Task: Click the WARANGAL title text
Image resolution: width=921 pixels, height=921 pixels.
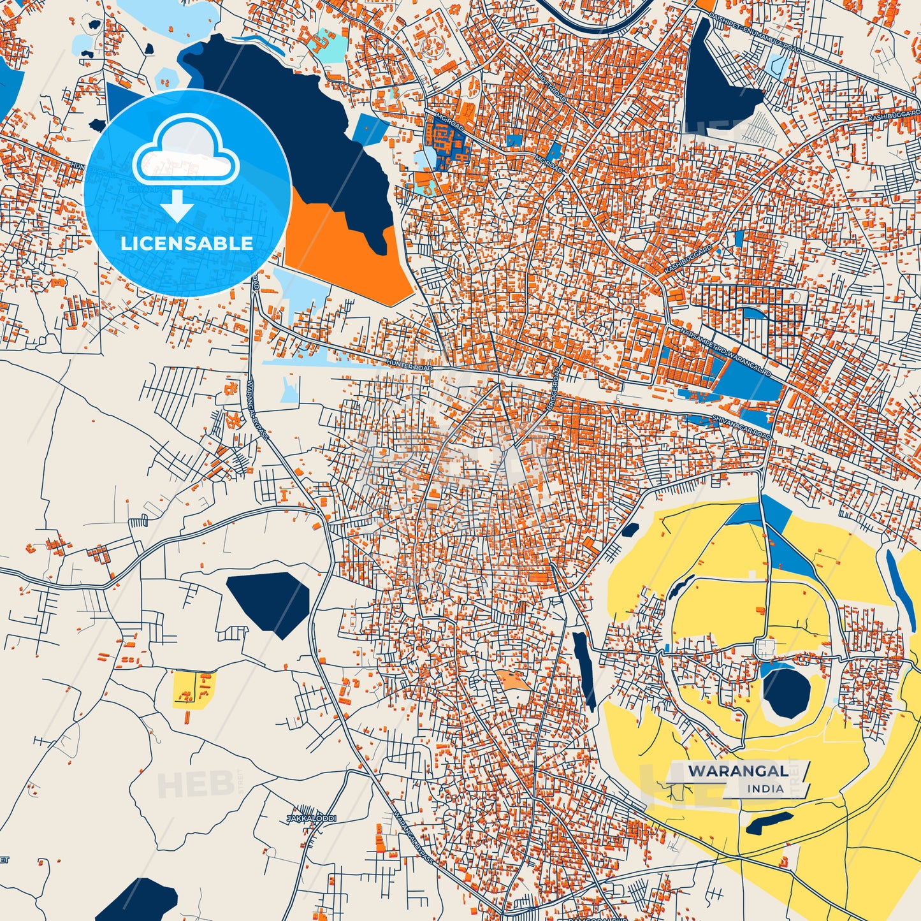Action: tap(737, 771)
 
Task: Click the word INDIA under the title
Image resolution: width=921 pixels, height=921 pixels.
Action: tap(765, 788)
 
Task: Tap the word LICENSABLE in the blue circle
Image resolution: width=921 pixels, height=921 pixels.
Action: tap(187, 243)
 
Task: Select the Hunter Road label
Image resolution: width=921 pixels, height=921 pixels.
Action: tap(409, 366)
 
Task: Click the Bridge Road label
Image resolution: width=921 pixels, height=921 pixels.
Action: tap(552, 388)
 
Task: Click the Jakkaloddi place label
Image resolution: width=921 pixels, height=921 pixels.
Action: tap(311, 818)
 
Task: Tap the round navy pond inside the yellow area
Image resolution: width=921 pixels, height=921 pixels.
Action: tap(787, 692)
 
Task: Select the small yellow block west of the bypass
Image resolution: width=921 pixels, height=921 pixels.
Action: tap(192, 690)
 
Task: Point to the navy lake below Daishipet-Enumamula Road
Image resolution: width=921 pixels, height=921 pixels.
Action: tap(717, 83)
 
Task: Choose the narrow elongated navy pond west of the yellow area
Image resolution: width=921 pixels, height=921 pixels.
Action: tap(584, 669)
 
